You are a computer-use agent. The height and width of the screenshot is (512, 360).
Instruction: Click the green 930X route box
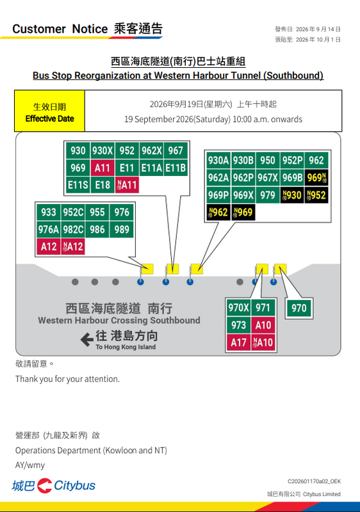pos(102,150)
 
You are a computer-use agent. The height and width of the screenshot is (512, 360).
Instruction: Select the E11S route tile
pos(78,185)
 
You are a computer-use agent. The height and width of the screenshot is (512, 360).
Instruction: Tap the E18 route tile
pos(102,185)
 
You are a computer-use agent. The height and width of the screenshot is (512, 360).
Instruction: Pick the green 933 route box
pos(48,212)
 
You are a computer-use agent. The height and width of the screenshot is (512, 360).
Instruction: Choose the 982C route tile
pos(73,230)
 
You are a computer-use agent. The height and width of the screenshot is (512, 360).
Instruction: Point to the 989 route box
pos(122,230)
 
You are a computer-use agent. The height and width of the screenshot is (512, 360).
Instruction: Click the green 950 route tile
pos(268,161)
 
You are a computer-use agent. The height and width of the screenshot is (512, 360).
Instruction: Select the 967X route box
pos(268,178)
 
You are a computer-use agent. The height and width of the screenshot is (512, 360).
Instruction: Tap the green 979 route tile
pos(268,195)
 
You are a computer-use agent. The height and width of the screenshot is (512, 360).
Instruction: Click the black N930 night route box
pos(292,195)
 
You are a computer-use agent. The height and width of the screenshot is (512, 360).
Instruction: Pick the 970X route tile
pos(238,308)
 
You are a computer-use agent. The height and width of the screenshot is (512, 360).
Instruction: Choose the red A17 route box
pos(238,342)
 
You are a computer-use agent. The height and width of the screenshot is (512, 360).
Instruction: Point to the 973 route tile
pos(238,325)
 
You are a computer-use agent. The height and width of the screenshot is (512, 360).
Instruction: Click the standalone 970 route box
pos(299,308)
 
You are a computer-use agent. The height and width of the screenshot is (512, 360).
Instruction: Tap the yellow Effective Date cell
pos(50,111)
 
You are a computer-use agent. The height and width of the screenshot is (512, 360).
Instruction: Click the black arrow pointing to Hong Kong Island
pos(87,340)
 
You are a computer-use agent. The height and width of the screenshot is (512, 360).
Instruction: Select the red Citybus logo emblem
pos(44,486)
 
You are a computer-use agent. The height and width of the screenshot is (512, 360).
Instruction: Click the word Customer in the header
pos(39,29)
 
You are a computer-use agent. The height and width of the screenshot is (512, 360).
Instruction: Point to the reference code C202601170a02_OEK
pos(314,481)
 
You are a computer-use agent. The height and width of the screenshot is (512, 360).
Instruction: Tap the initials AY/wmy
pos(30,465)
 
